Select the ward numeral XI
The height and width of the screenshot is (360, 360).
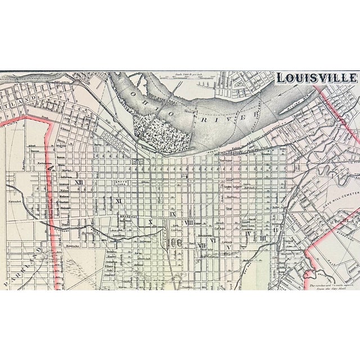point(119,201)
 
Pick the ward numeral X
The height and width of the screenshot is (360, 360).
point(150,223)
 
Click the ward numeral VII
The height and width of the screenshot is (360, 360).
point(201,246)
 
